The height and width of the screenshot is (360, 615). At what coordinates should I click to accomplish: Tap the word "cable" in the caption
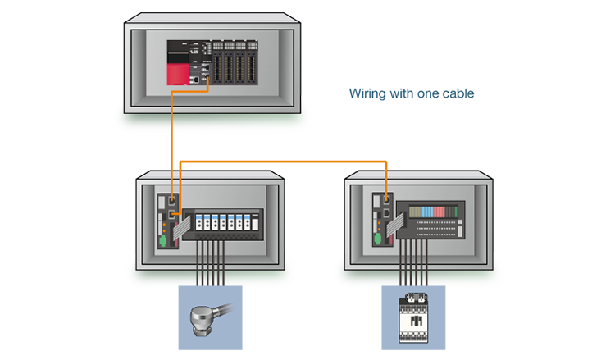coord(456,94)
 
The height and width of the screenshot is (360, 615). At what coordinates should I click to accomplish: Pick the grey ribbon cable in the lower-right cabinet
coord(398,217)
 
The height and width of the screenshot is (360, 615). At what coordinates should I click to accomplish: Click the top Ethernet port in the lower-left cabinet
coord(172,198)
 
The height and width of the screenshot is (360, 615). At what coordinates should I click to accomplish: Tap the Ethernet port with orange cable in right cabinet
coord(385,198)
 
